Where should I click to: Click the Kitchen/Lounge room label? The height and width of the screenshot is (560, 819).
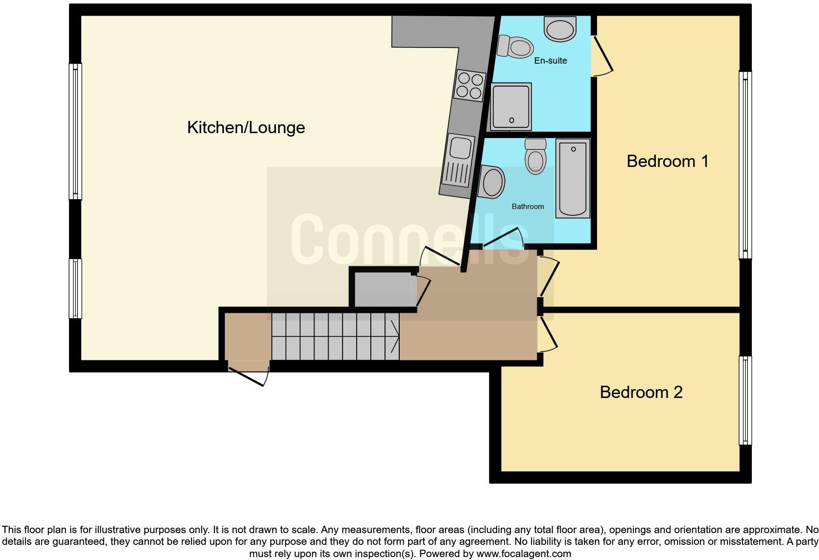[246, 128]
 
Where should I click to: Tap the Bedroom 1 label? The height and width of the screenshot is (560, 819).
[667, 161]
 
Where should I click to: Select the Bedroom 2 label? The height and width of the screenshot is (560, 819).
[641, 392]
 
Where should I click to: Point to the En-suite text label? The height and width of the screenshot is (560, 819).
[550, 61]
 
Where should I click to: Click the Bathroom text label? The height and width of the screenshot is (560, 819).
[528, 207]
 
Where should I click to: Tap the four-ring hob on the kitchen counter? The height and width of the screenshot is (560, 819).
[470, 86]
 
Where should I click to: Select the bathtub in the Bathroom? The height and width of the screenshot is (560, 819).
[573, 178]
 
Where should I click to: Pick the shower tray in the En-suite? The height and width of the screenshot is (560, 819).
[511, 106]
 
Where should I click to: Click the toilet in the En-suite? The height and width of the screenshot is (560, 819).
[516, 47]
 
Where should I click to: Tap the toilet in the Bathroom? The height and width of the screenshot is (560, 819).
[535, 156]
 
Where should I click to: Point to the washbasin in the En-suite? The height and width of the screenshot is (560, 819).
[560, 29]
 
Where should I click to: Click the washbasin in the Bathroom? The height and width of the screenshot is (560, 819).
[492, 182]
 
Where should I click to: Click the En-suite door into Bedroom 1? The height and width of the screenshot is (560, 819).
[602, 55]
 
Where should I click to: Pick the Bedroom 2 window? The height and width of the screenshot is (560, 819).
[745, 400]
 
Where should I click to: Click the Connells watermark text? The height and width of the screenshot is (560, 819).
[409, 240]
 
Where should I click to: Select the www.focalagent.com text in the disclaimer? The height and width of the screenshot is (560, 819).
[523, 554]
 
